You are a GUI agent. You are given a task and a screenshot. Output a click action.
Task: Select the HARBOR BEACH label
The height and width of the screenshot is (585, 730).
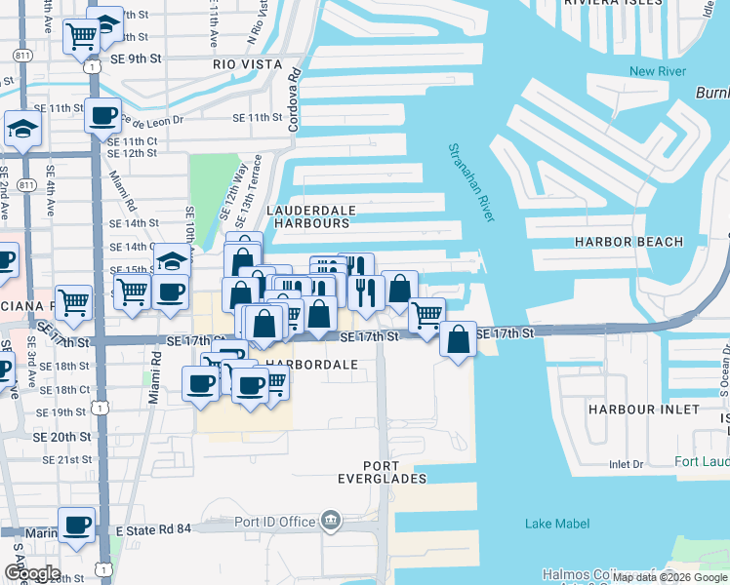tap(628, 241)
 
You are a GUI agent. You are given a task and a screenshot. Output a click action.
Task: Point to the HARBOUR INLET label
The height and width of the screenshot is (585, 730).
tap(643, 409)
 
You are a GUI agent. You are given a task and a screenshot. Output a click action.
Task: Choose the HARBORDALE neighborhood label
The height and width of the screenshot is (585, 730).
tap(307, 364)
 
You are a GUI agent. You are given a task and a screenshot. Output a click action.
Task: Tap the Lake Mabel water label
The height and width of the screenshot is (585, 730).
tap(551, 524)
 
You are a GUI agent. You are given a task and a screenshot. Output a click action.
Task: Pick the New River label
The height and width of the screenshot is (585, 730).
tap(657, 71)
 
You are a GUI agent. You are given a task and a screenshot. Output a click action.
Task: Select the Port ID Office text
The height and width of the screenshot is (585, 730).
tap(275, 521)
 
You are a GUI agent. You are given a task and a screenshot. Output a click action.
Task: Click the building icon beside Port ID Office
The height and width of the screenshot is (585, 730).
tap(331, 521)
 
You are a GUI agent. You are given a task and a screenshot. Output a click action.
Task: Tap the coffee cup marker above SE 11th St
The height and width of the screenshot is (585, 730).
tap(102, 118)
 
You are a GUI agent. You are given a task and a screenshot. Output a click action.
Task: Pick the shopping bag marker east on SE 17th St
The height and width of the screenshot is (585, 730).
tap(458, 340)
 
